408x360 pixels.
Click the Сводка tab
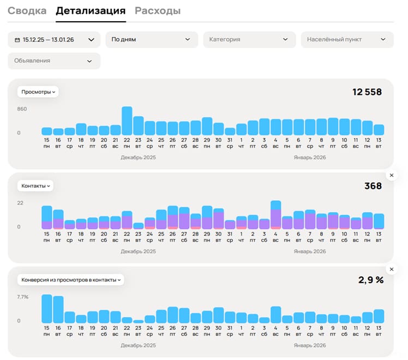click(x=27, y=11)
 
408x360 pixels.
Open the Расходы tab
click(x=158, y=11)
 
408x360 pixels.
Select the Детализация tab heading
click(x=91, y=11)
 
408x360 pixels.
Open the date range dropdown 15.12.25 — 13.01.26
click(x=54, y=39)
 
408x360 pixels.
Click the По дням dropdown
click(x=151, y=39)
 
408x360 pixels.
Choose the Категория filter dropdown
click(x=249, y=39)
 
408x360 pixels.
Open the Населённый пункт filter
click(x=346, y=39)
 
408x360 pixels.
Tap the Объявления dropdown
click(x=54, y=61)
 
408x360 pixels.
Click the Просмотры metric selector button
click(x=38, y=92)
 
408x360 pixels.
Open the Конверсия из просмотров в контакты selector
click(x=71, y=280)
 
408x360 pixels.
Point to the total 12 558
click(x=367, y=92)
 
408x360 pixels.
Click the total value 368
click(x=373, y=186)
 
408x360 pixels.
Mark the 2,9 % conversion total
click(x=371, y=280)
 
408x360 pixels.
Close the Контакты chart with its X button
click(x=391, y=175)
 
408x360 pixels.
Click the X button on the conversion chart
click(x=391, y=269)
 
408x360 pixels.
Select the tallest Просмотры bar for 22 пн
click(x=127, y=121)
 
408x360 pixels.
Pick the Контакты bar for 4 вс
click(x=275, y=215)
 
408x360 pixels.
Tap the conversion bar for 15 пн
click(x=47, y=309)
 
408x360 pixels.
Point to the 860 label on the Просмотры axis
click(x=22, y=109)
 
